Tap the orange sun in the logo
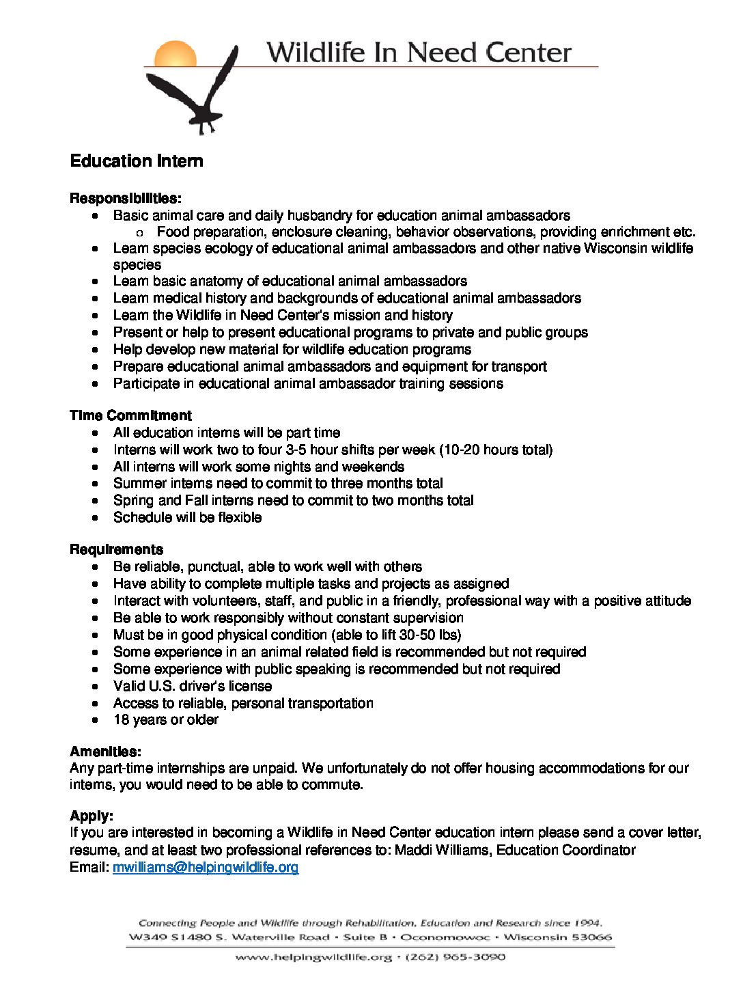pos(175,54)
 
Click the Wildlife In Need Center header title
pos(419,53)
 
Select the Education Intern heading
pos(137,161)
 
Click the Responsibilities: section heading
pos(126,199)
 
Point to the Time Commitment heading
pos(130,415)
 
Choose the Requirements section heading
pos(116,549)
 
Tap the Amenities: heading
pos(105,752)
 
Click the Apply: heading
pos(92,816)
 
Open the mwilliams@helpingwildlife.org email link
pos(206,867)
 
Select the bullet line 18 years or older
pos(166,719)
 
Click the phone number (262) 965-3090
pos(455,957)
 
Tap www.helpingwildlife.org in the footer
pos(313,957)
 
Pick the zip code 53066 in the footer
pos(592,937)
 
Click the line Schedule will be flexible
pos(187,517)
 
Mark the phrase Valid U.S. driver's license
pos(193,686)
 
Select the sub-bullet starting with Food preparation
pos(426,232)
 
